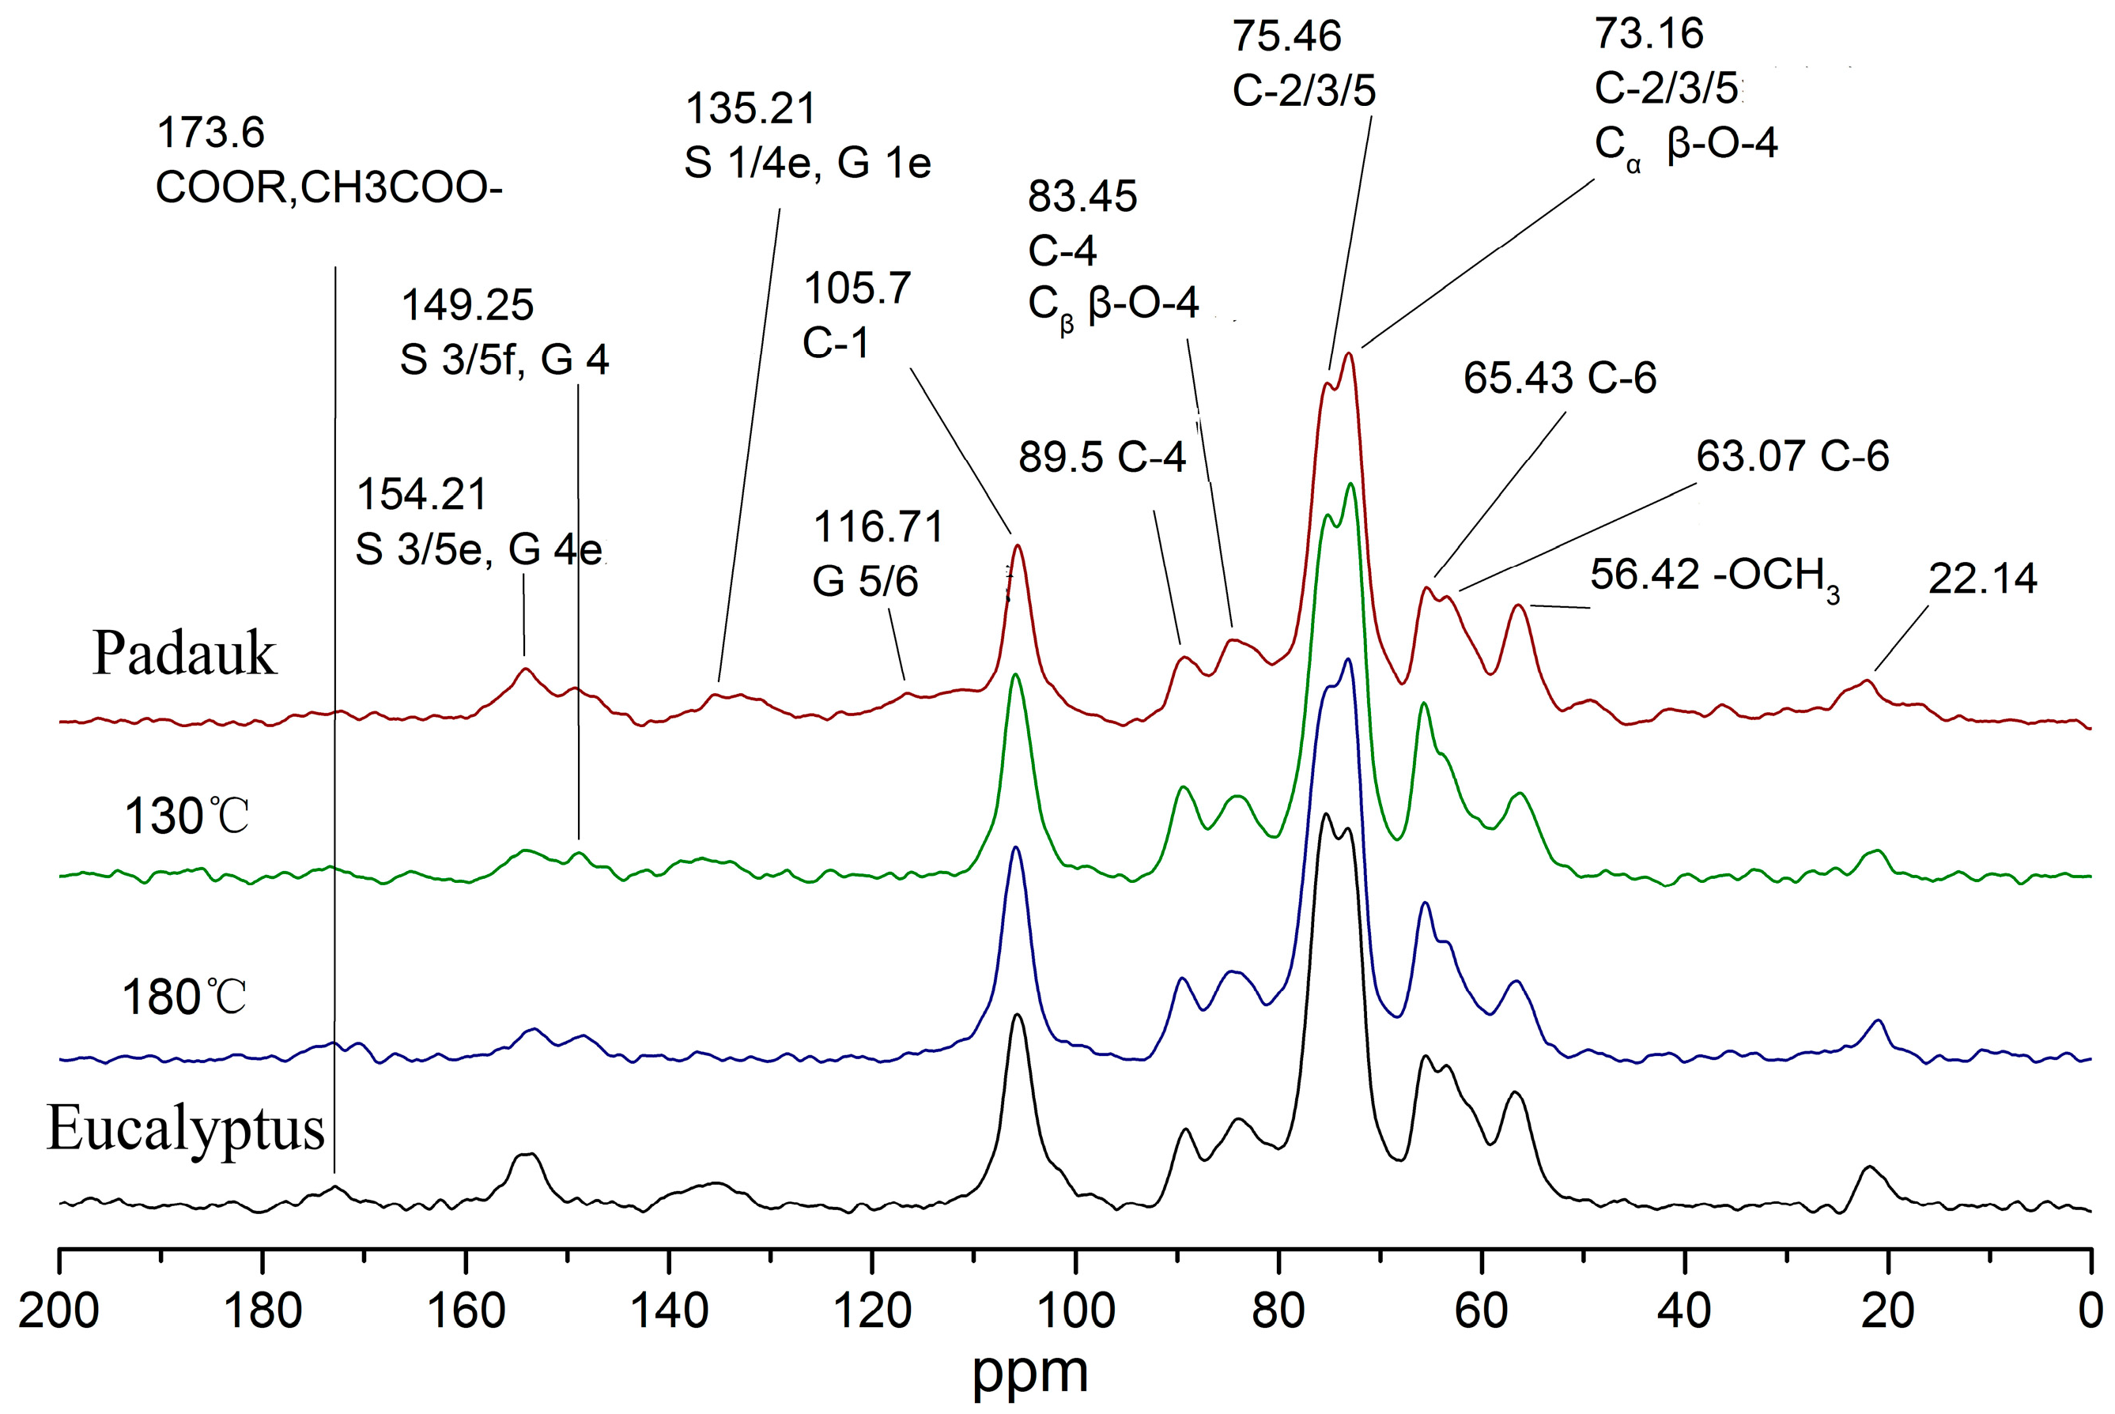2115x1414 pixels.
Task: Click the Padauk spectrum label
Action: click(x=184, y=654)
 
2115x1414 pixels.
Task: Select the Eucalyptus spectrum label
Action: click(x=185, y=1129)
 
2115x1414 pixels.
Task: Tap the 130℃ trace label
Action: click(x=186, y=817)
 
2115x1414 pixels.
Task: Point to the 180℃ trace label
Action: click(x=184, y=998)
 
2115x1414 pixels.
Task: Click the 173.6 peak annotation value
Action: click(x=210, y=134)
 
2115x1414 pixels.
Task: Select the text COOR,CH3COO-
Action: click(x=329, y=187)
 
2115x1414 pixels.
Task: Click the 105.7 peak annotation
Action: click(x=857, y=288)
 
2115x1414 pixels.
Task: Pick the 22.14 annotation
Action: click(x=1982, y=578)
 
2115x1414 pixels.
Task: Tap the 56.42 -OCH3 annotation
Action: click(x=1713, y=576)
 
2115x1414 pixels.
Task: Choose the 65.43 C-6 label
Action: click(x=1559, y=378)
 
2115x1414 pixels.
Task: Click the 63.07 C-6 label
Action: click(x=1792, y=456)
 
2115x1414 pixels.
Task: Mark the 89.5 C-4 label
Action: click(x=1102, y=457)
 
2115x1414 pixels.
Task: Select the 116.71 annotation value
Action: click(x=878, y=526)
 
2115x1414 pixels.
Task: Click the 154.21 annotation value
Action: click(x=422, y=494)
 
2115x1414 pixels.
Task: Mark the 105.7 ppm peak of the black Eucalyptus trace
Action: click(x=1018, y=1016)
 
